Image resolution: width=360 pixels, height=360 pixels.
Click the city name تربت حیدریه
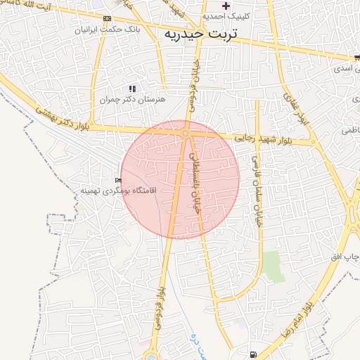[x=200, y=34]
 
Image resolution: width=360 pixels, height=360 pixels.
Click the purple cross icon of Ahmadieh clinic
[x=226, y=6]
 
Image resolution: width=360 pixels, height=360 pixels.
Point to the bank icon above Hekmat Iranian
[x=106, y=18]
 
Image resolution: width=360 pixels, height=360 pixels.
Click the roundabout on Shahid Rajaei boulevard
[x=185, y=133]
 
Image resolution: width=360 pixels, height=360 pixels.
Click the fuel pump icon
[x=252, y=353]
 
